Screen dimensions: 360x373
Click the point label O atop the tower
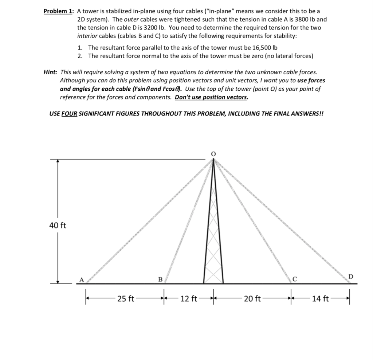pyautogui.click(x=214, y=154)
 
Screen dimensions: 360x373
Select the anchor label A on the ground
pyautogui.click(x=82, y=279)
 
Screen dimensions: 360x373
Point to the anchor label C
pyautogui.click(x=295, y=279)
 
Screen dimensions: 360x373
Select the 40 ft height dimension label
pyautogui.click(x=58, y=226)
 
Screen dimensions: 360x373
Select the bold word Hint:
pyautogui.click(x=51, y=73)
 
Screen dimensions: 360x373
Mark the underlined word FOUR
pyautogui.click(x=70, y=113)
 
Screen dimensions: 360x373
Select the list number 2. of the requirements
pyautogui.click(x=80, y=56)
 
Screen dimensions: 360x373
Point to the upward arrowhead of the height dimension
pyautogui.click(x=58, y=162)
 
